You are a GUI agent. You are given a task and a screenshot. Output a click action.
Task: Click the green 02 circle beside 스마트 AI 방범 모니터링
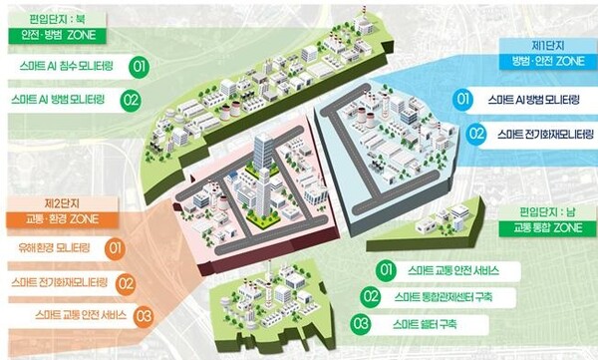coord(130,100)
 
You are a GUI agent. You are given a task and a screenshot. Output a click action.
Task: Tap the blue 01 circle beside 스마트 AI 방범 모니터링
coord(462,100)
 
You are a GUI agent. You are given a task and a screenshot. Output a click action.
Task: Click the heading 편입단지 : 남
coord(546,211)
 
